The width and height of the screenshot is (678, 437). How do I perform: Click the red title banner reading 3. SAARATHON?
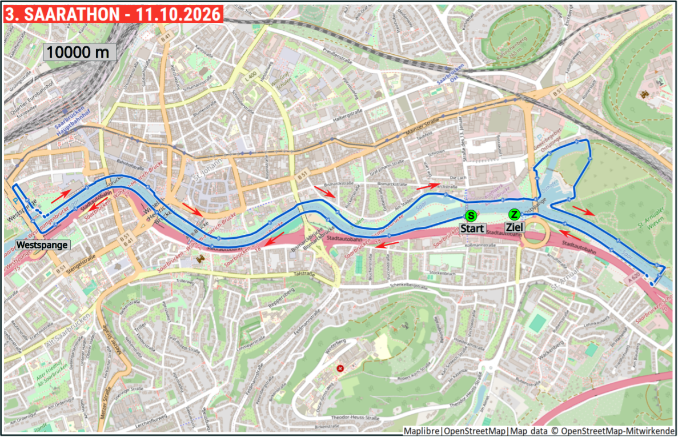[x=113, y=14]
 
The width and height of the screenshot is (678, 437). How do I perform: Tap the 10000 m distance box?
[x=79, y=52]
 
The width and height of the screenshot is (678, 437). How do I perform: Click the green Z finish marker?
[x=514, y=215]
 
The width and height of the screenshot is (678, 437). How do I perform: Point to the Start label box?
[x=473, y=228]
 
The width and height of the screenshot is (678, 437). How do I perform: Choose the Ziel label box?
[x=514, y=227]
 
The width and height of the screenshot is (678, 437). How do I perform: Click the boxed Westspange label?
[x=42, y=245]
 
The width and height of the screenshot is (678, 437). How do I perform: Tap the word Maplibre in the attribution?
[x=422, y=431]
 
